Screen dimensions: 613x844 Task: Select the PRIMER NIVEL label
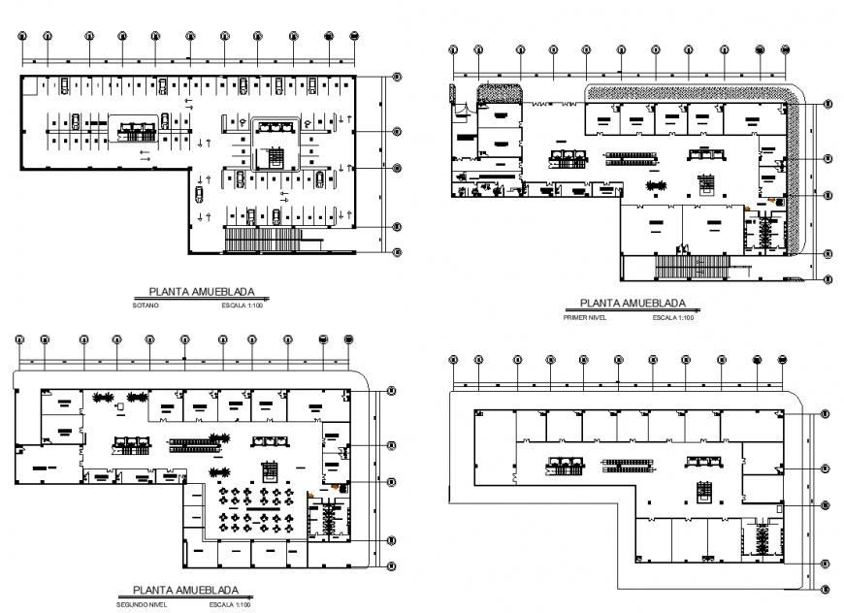583,317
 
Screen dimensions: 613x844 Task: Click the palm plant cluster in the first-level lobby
657,185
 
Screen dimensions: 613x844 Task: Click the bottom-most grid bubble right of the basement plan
396,253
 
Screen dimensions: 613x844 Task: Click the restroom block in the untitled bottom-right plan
766,539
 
